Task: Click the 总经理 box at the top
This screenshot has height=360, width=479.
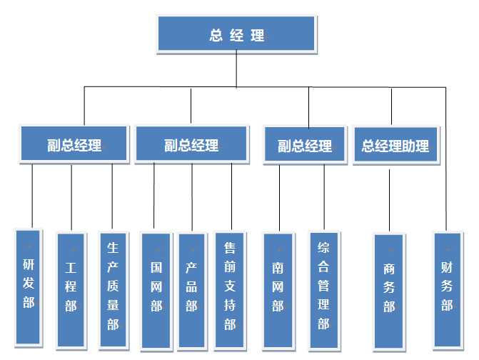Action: click(x=236, y=34)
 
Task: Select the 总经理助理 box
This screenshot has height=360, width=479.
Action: click(x=395, y=146)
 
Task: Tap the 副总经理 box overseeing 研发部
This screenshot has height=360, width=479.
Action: click(x=74, y=145)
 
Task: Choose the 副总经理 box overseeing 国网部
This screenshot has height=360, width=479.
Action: click(x=191, y=145)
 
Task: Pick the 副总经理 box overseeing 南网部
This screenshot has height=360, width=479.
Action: click(x=305, y=146)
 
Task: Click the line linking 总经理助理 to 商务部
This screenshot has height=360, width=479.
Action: click(x=389, y=200)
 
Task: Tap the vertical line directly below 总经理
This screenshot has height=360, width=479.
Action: click(x=236, y=70)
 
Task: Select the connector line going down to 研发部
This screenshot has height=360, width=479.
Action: click(x=33, y=196)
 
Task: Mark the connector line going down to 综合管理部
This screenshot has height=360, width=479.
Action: click(x=324, y=196)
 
